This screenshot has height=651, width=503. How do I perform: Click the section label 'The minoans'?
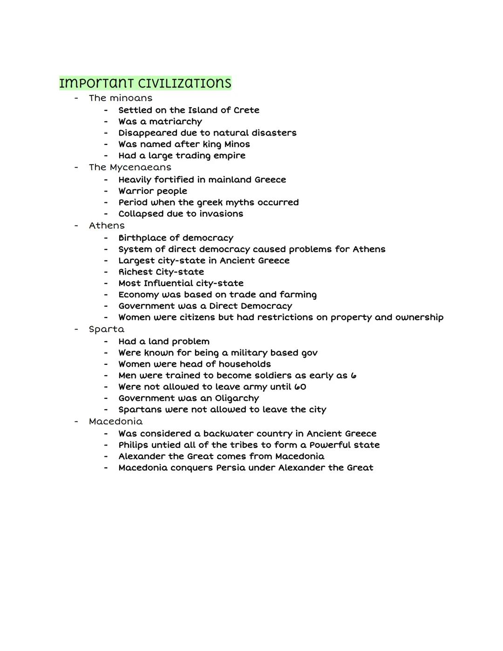[121, 98]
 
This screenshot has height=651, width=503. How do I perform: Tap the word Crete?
[246, 110]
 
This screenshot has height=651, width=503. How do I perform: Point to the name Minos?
[237, 144]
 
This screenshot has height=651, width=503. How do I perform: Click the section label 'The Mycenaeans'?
[130, 167]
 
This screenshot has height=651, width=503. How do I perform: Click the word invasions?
[221, 214]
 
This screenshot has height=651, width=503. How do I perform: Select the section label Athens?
[107, 226]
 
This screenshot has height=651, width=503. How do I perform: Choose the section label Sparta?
[107, 329]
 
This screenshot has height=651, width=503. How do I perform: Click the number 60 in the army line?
[300, 387]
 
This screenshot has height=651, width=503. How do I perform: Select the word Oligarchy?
[237, 398]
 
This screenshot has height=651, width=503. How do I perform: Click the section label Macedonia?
[116, 422]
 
